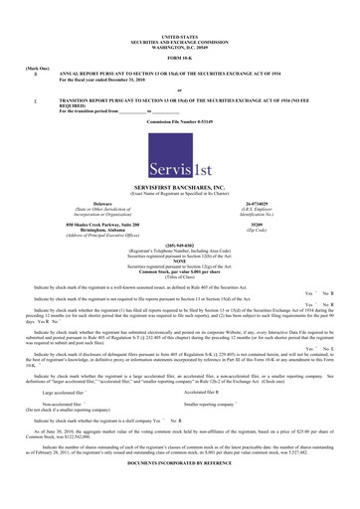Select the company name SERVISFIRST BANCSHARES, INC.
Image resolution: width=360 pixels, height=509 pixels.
click(180, 186)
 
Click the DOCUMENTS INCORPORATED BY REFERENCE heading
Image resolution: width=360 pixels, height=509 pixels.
click(180, 491)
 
